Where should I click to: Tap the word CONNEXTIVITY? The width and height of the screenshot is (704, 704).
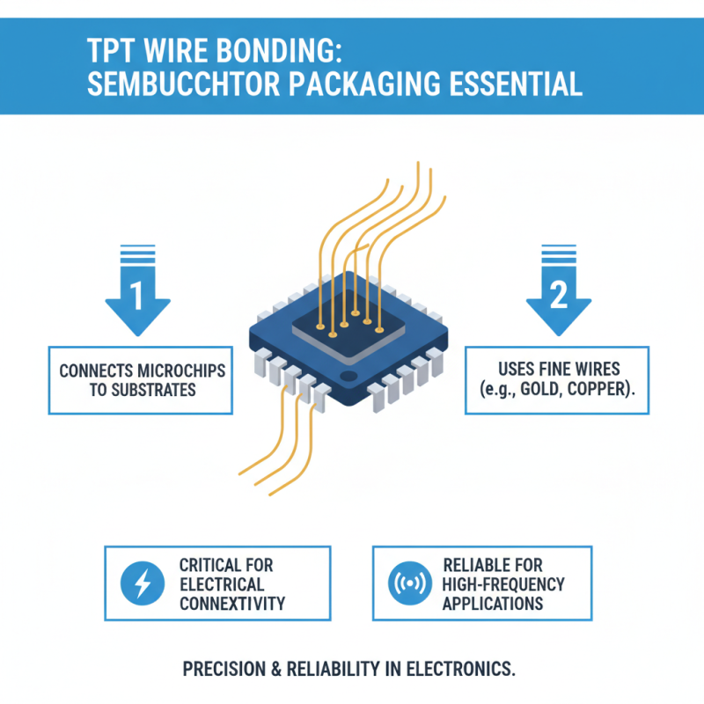[x=232, y=604]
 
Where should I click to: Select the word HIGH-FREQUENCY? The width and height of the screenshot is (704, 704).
[x=503, y=584]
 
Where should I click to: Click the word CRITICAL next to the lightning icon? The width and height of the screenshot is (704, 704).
[x=214, y=565]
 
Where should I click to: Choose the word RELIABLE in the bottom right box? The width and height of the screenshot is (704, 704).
[x=480, y=565]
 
